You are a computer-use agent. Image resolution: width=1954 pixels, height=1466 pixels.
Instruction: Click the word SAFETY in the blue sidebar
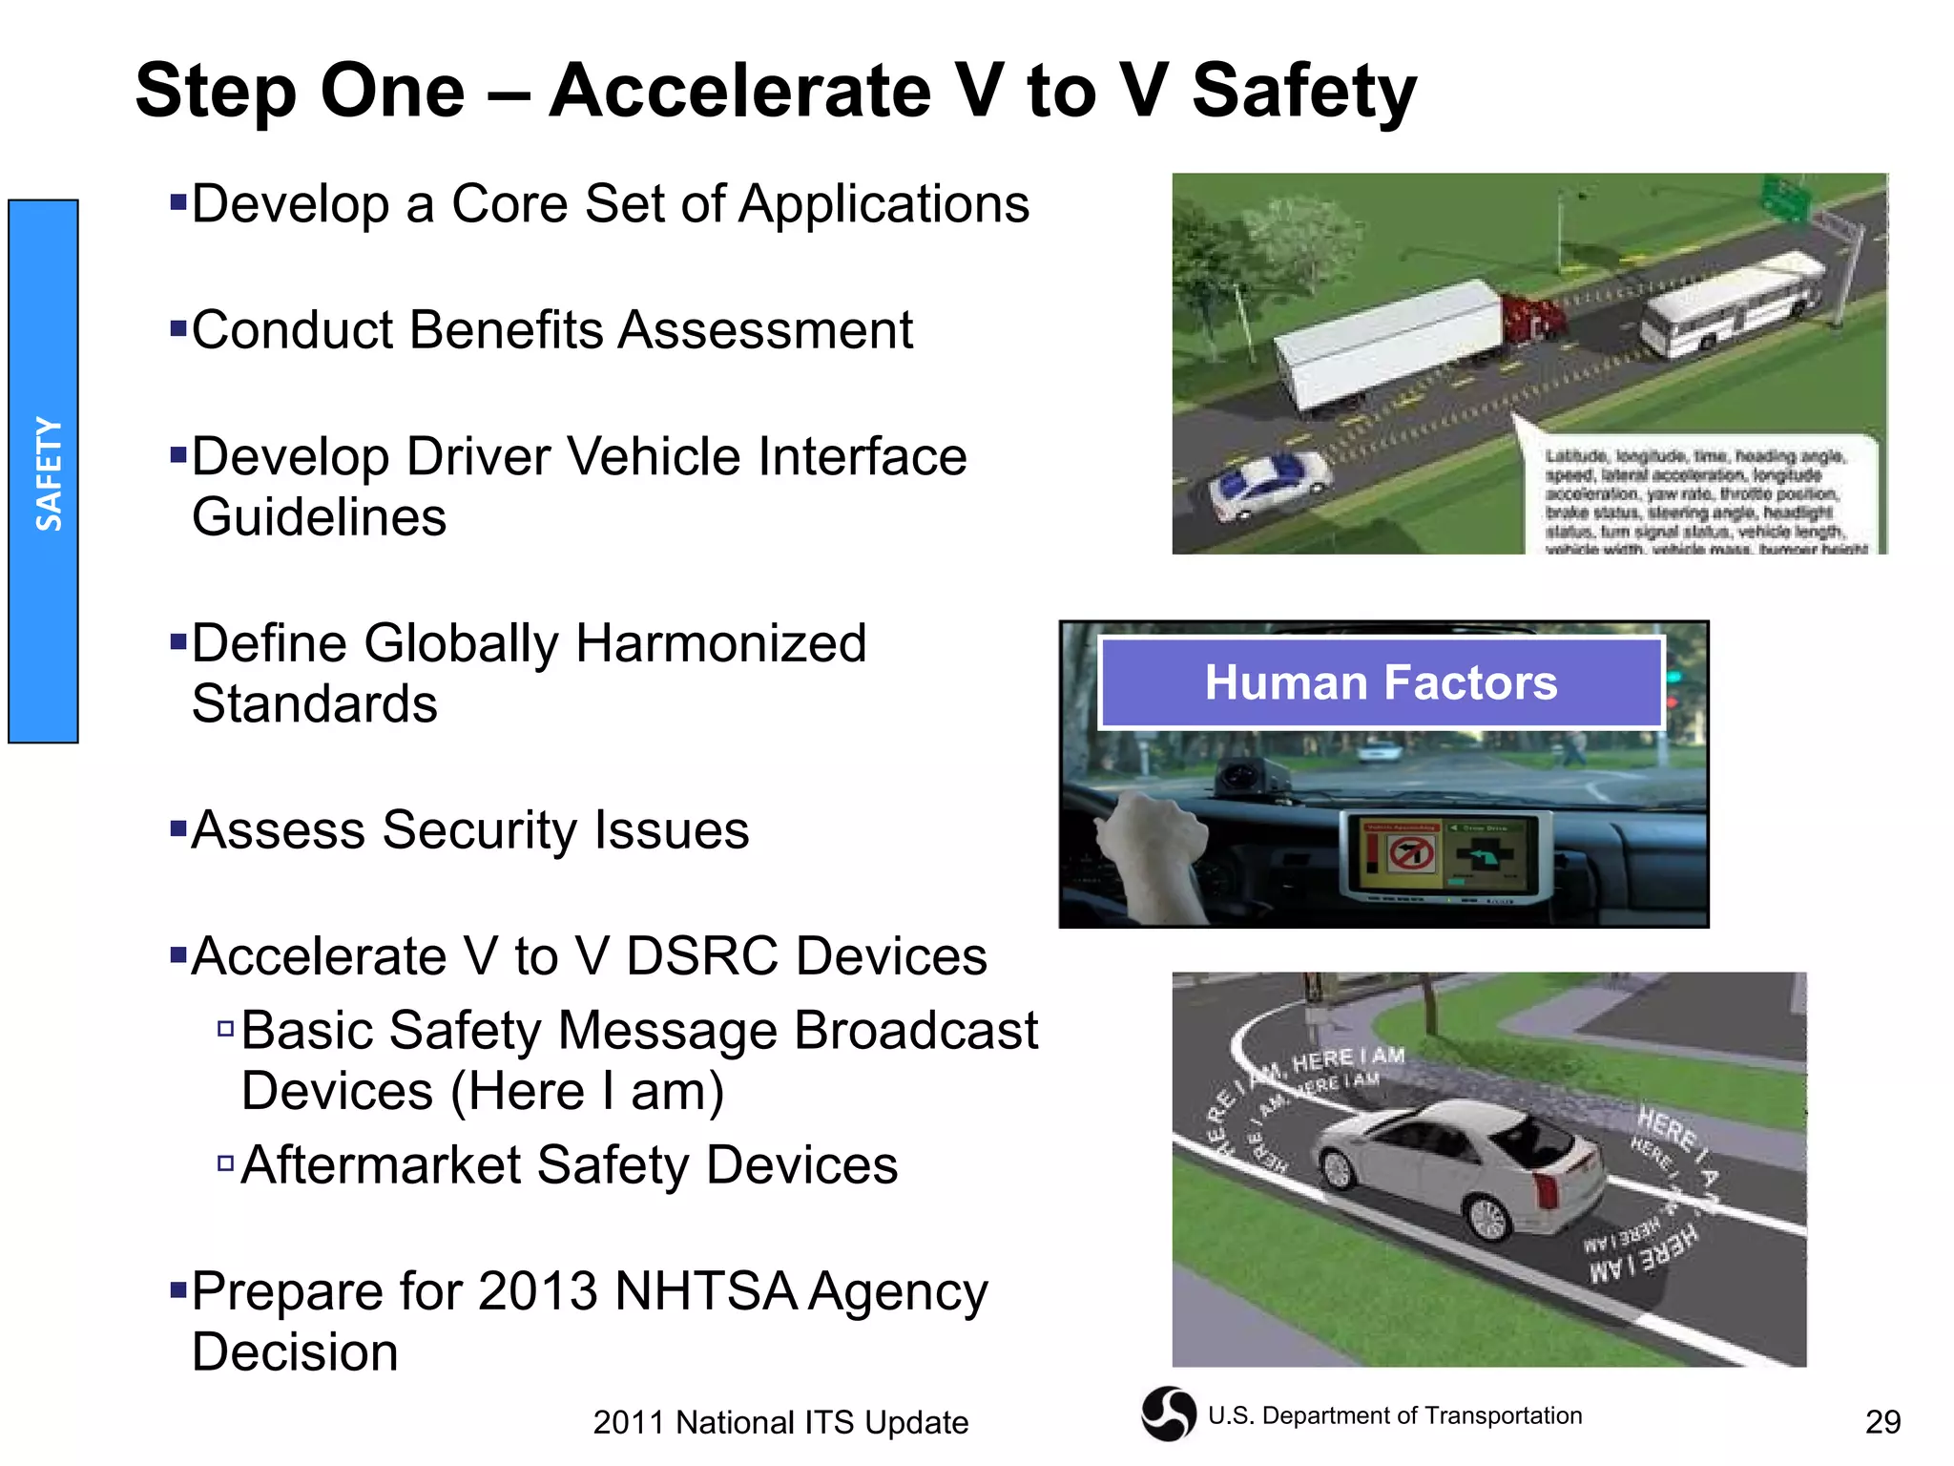pos(48,473)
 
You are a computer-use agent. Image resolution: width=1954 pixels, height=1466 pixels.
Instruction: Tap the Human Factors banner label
pos(1380,682)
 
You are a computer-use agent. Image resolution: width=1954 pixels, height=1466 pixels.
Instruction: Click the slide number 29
pos(1882,1422)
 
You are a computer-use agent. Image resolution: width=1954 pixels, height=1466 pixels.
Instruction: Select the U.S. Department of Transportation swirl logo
pos(1169,1414)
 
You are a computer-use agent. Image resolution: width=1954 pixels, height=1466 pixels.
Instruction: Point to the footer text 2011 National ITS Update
pos(780,1422)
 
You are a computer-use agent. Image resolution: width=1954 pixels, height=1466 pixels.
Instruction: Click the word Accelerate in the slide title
pos(740,92)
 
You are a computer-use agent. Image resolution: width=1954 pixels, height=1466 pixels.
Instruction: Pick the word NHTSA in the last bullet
pos(705,1292)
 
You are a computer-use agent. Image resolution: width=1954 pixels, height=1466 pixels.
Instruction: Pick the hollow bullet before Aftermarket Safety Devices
pos(226,1162)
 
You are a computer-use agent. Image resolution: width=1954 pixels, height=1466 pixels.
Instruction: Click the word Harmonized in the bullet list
pos(720,643)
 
